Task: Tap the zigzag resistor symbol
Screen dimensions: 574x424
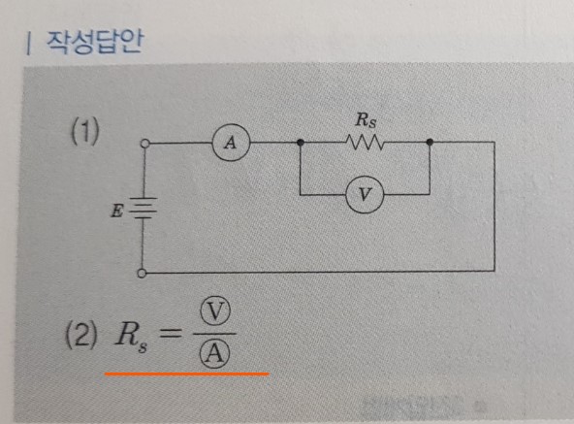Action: pyautogui.click(x=365, y=142)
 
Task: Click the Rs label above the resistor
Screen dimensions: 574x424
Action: pyautogui.click(x=366, y=120)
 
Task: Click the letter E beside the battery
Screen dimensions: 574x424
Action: pyautogui.click(x=117, y=211)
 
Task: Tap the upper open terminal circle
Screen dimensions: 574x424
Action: pyautogui.click(x=145, y=144)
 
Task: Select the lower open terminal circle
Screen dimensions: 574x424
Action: pyautogui.click(x=142, y=273)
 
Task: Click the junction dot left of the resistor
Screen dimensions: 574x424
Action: pyautogui.click(x=301, y=143)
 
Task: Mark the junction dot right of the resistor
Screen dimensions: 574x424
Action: pyautogui.click(x=430, y=142)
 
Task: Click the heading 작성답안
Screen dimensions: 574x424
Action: pyautogui.click(x=94, y=42)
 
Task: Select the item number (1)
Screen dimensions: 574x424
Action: pyautogui.click(x=85, y=132)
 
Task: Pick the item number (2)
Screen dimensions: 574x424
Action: pyautogui.click(x=81, y=335)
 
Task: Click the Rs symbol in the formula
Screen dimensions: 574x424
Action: pyautogui.click(x=131, y=337)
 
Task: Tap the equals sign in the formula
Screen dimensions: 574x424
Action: pyautogui.click(x=170, y=334)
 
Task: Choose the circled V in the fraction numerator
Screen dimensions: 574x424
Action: pyautogui.click(x=215, y=311)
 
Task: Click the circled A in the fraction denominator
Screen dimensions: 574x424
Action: pyautogui.click(x=214, y=353)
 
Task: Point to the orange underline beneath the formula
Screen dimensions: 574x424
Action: pyautogui.click(x=187, y=375)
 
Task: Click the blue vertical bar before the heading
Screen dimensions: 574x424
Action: pyautogui.click(x=28, y=44)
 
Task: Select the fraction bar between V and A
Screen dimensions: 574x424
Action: pyautogui.click(x=214, y=334)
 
